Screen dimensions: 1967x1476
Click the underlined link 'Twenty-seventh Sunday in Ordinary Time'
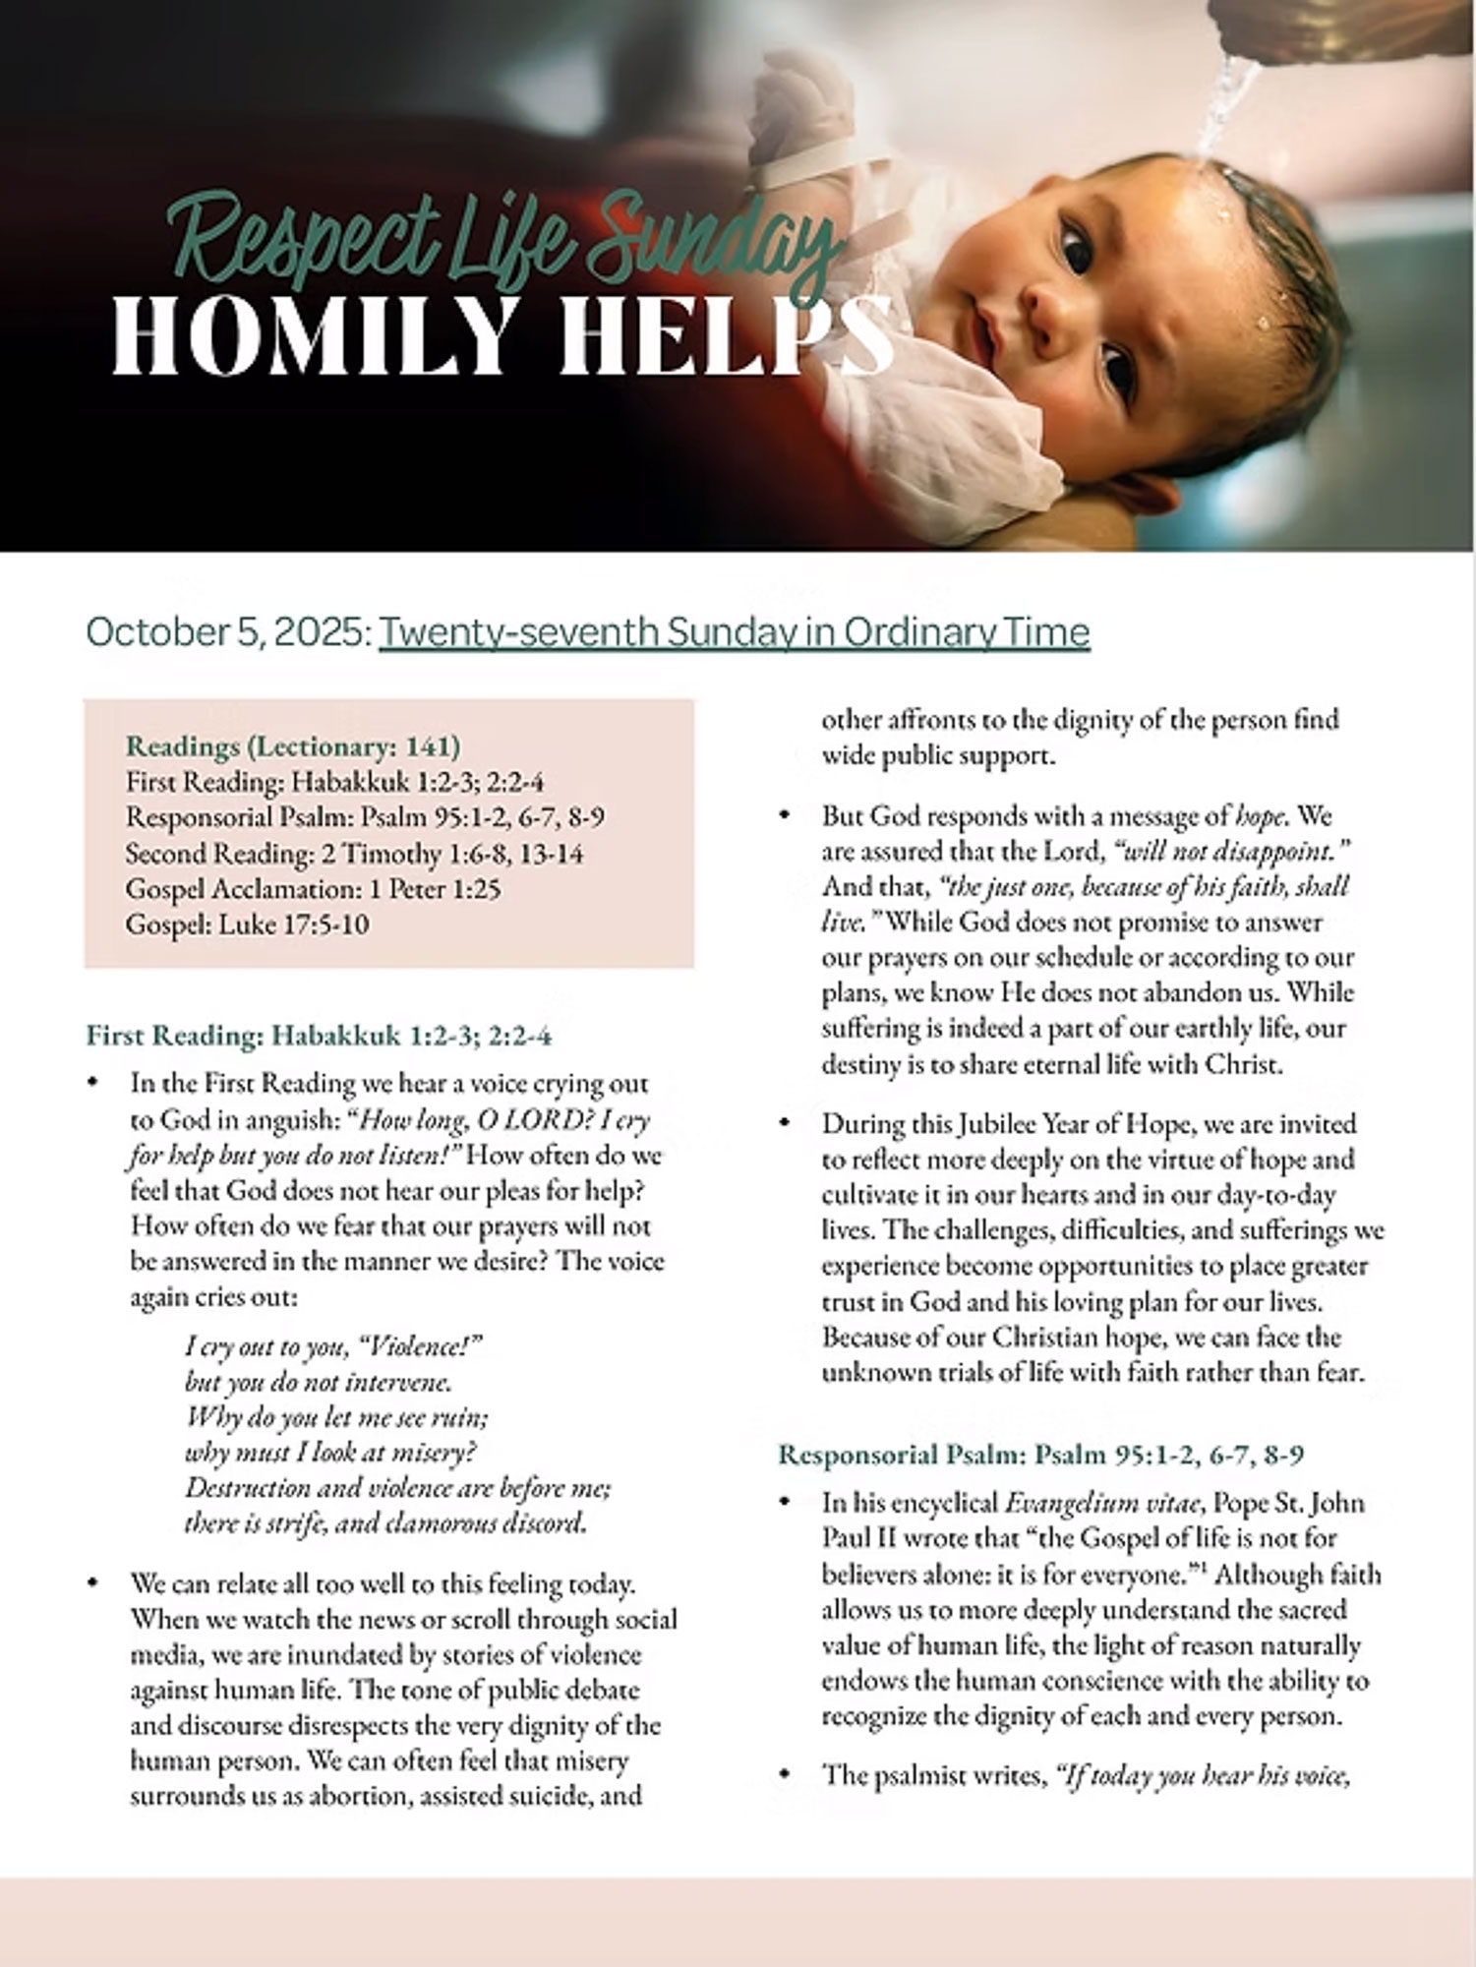click(734, 631)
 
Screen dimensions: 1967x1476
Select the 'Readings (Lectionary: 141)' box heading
click(293, 746)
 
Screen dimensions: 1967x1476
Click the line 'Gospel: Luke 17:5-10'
click(248, 924)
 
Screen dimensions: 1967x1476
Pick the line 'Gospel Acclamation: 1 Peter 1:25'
click(313, 889)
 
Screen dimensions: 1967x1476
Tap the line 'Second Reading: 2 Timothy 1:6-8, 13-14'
click(354, 854)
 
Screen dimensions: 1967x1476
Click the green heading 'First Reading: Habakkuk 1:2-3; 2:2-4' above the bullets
click(320, 1035)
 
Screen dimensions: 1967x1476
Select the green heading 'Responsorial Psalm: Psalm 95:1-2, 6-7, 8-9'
click(1041, 1454)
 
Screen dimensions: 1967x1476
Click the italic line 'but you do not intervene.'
click(319, 1382)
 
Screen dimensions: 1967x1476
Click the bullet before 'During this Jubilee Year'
click(785, 1122)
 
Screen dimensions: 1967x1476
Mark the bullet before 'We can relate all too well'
click(93, 1583)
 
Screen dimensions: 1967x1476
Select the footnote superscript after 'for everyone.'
click(1203, 1566)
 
